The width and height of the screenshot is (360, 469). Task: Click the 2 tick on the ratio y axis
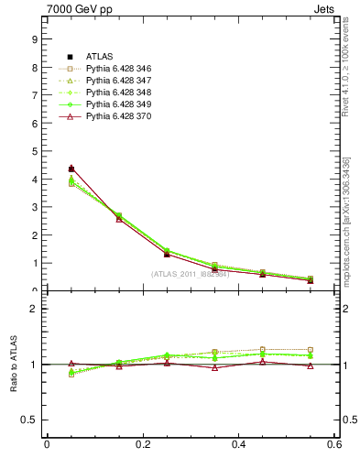33,309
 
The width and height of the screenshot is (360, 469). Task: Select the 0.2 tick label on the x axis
143,445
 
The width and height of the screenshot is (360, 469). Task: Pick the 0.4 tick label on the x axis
239,445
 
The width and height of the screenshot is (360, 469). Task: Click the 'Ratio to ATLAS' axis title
14,365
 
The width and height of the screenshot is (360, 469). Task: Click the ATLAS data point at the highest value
71,169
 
